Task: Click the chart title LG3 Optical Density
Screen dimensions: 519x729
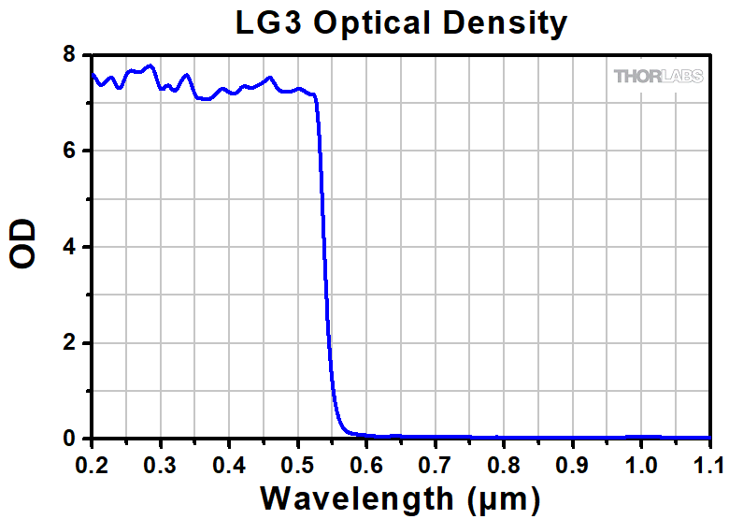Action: point(400,22)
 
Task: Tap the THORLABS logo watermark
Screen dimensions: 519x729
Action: point(659,76)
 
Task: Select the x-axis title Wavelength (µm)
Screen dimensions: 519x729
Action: point(400,497)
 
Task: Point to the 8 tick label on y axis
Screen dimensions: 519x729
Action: point(69,55)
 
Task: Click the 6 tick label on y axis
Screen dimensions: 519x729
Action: point(69,151)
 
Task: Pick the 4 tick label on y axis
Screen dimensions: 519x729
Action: point(69,248)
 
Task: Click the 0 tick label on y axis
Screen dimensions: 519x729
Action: point(69,439)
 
